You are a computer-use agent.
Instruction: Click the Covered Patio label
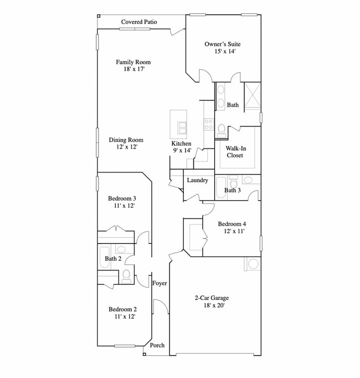139,22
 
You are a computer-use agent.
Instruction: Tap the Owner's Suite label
222,44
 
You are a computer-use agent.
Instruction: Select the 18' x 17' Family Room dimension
133,70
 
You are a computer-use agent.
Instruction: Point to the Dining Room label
126,140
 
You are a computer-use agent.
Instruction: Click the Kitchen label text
181,144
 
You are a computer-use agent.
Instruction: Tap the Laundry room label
197,180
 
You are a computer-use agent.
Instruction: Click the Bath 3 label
233,191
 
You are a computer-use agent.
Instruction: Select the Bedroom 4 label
232,224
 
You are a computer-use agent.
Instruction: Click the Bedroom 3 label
122,198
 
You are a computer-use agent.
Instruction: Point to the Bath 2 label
113,259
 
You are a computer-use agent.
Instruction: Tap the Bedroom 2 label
122,309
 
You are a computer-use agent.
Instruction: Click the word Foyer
160,284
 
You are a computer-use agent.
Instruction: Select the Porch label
157,345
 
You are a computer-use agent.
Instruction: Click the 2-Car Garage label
212,298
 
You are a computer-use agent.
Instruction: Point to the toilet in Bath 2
126,274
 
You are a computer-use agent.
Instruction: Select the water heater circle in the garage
253,264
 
